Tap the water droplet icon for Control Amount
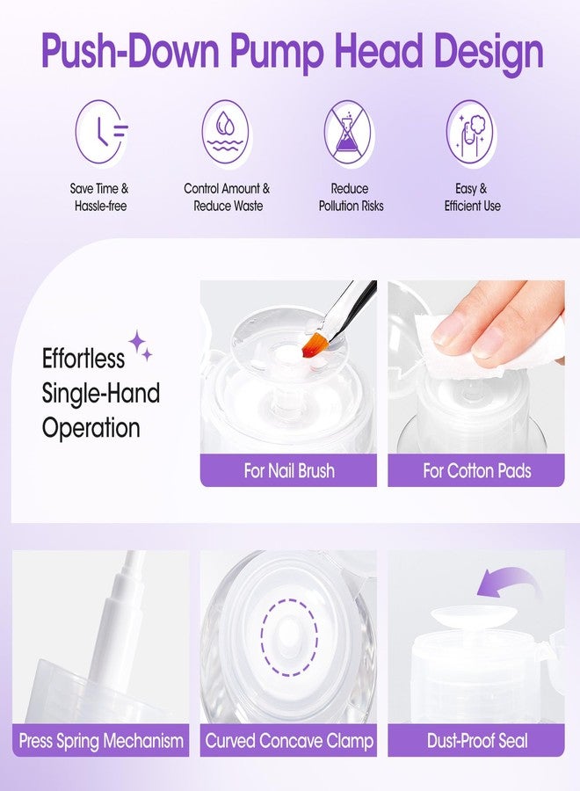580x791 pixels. [x=226, y=133]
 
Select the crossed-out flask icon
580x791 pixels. [x=349, y=133]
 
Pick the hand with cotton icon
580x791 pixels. [x=470, y=133]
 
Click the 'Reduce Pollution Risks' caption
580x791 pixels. [x=350, y=197]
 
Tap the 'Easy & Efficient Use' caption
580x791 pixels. [x=471, y=197]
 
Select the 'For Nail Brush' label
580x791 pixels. [x=289, y=470]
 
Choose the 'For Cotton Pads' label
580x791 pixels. [x=476, y=470]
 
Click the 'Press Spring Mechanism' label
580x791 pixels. [x=101, y=740]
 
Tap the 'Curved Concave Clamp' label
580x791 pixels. [x=289, y=740]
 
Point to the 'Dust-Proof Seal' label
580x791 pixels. [x=477, y=740]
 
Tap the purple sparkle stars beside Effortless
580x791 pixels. [x=141, y=345]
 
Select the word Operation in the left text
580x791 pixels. [x=91, y=428]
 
